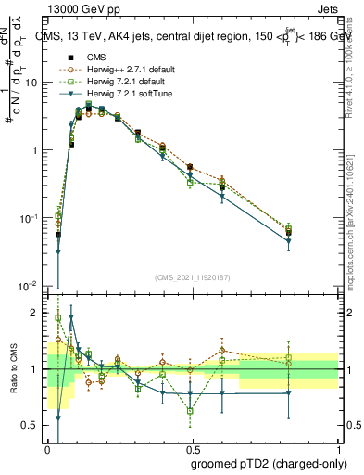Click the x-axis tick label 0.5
click(192, 448)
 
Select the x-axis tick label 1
click(336, 448)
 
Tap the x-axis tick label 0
click(47, 448)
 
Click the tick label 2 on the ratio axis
click(36, 313)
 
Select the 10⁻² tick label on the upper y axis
click(31, 285)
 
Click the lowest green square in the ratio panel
click(190, 410)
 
